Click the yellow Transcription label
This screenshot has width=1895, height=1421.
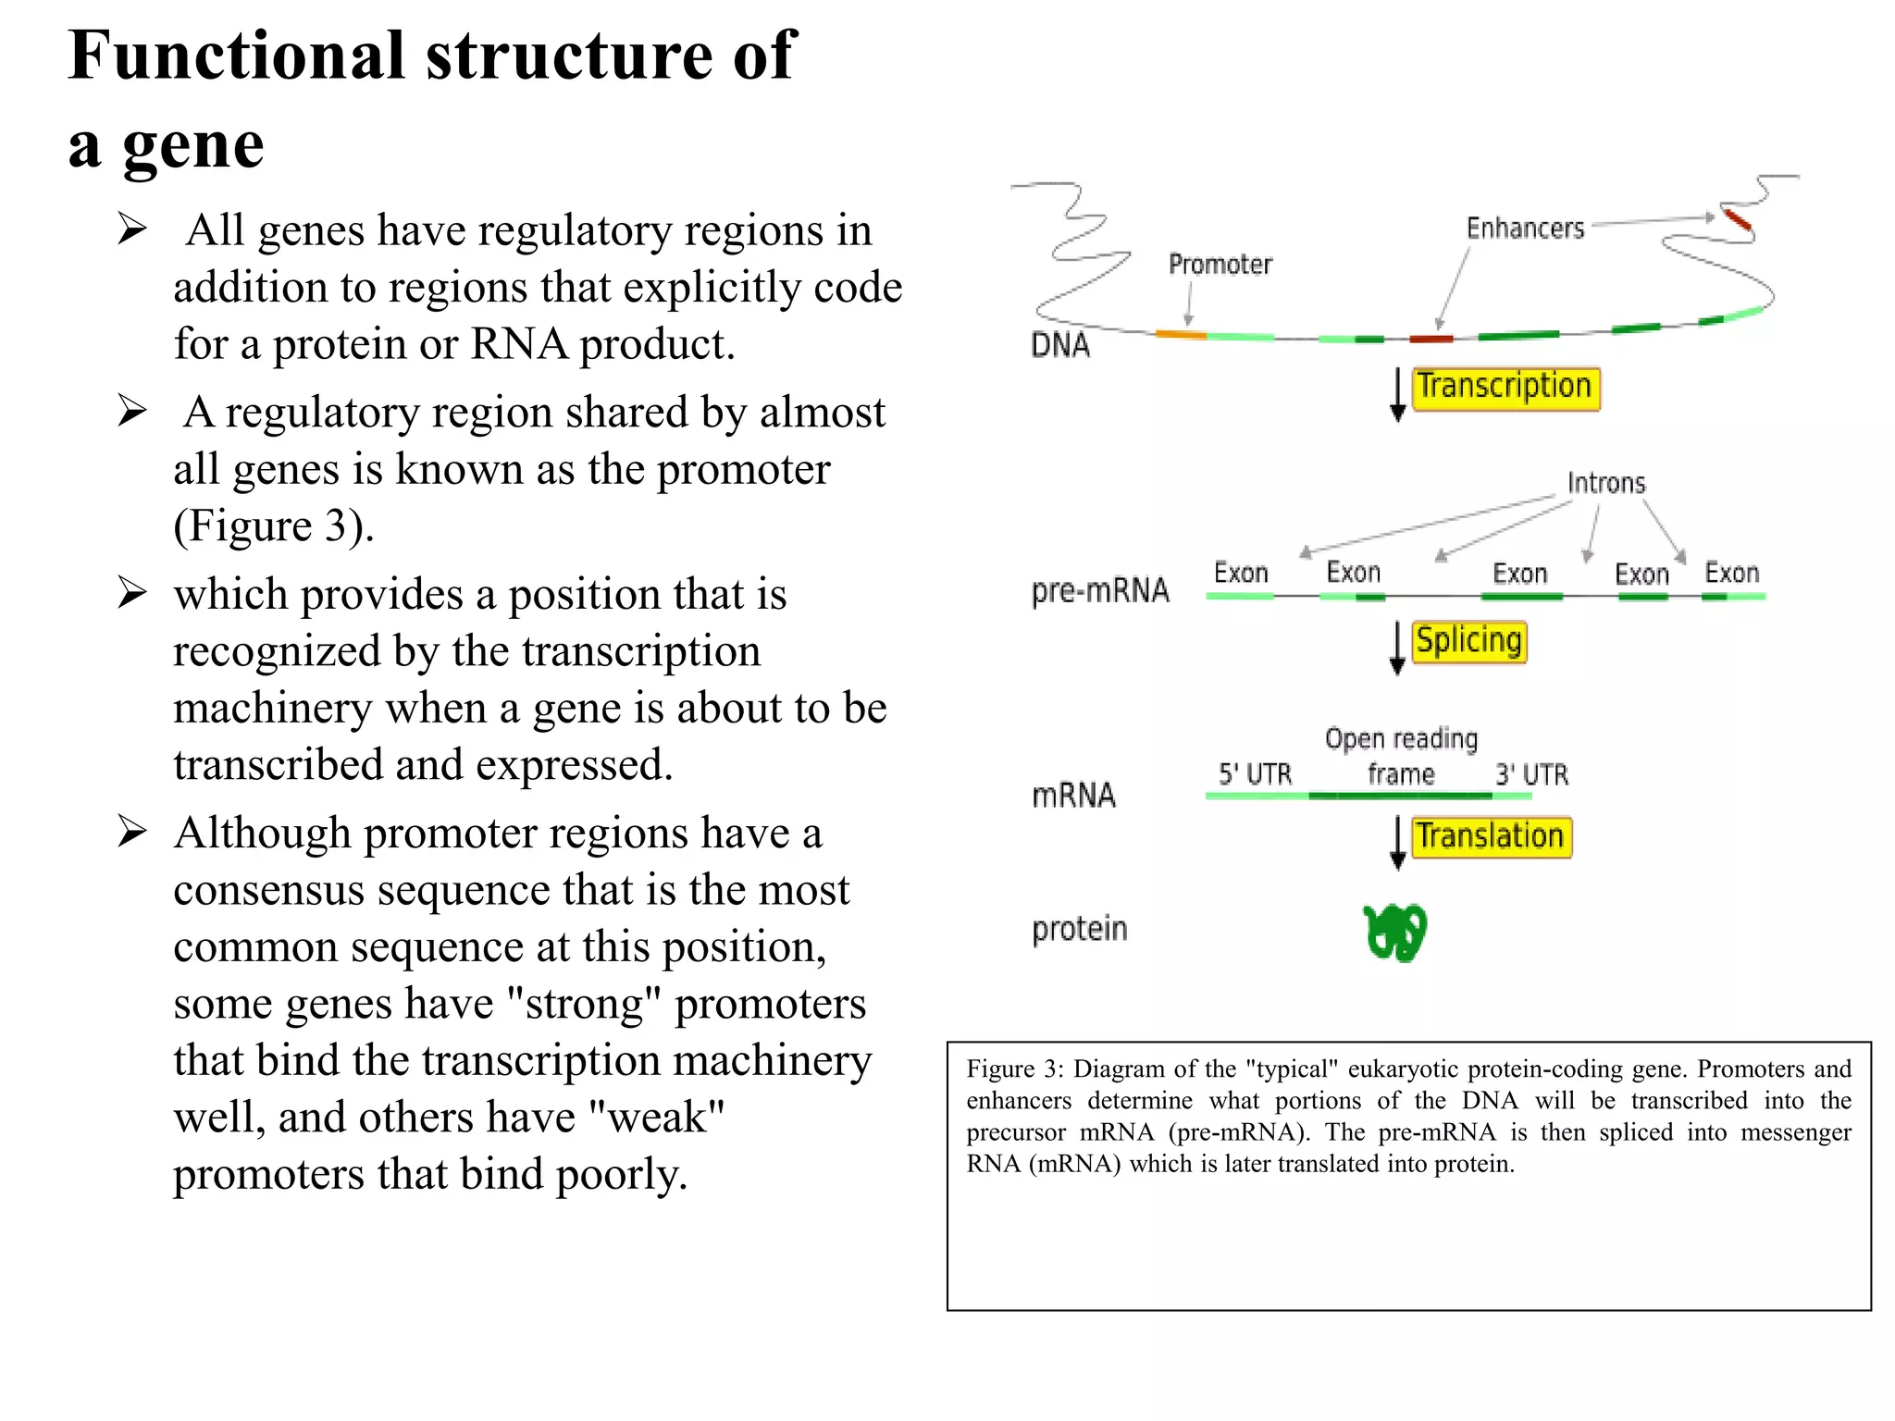coord(1505,388)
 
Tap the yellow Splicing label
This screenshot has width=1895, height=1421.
coord(1468,642)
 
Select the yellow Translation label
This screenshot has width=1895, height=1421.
coord(1491,837)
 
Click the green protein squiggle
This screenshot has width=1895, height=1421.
coord(1395,933)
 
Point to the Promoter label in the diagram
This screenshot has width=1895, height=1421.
coord(1220,266)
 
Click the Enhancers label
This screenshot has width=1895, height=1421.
coord(1525,229)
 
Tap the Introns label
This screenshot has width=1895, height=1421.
coord(1606,483)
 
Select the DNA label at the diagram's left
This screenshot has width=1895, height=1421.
coord(1060,346)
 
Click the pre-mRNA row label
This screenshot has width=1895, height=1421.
coord(1100,590)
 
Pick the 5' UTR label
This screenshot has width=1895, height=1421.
coord(1255,774)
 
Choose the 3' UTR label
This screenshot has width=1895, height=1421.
coord(1531,774)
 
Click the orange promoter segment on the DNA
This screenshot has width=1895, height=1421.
coord(1181,334)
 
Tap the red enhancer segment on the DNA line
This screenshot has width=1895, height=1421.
coord(1431,339)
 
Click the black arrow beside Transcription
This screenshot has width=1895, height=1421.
coord(1397,395)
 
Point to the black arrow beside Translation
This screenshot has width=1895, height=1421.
coord(1397,843)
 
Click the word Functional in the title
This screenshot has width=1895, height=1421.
coord(237,56)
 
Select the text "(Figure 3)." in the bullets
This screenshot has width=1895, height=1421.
coord(274,526)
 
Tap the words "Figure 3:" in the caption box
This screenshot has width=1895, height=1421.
coord(1015,1069)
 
